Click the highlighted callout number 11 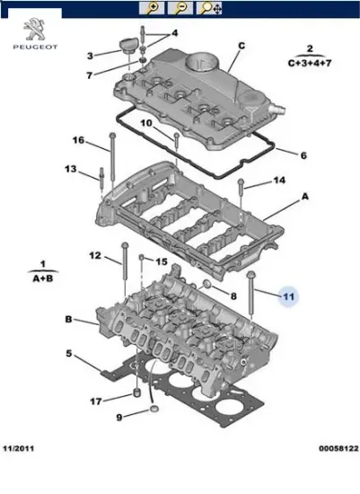click(288, 296)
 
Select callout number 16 click(78, 141)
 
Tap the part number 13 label click(71, 169)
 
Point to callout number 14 click(279, 181)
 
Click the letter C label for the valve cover click(241, 45)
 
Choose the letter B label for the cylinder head click(68, 319)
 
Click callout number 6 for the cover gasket click(303, 155)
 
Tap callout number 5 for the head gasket click(68, 353)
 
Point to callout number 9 click(119, 418)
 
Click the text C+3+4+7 click(309, 64)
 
